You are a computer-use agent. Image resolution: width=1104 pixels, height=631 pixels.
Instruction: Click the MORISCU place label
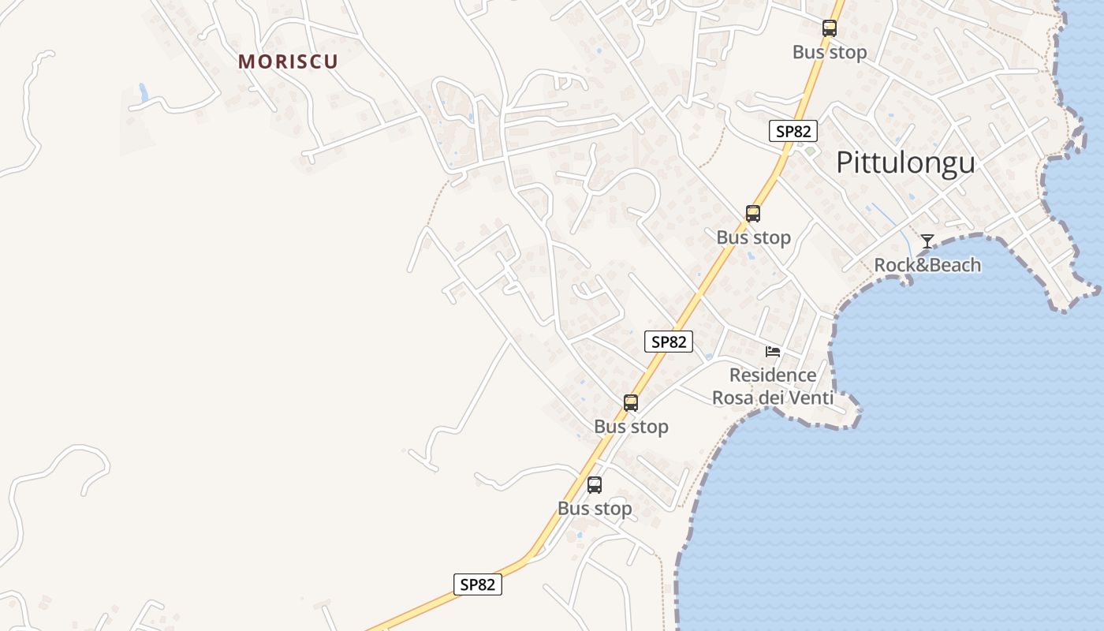pos(288,62)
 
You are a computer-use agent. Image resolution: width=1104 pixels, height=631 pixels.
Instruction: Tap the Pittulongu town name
pos(905,162)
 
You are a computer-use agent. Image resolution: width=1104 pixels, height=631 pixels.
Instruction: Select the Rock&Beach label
pos(927,265)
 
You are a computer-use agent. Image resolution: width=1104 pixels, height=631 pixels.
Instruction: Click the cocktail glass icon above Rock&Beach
pos(927,241)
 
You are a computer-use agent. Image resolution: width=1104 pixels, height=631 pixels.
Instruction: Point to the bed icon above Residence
pos(773,351)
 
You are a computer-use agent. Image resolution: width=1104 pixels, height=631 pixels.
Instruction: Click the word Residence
pos(773,375)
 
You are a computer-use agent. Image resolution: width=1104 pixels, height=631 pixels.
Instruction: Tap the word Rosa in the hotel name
pos(733,398)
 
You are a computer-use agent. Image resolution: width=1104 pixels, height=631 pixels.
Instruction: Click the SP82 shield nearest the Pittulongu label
pos(793,131)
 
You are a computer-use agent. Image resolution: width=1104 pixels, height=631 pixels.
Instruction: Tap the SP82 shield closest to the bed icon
pos(669,342)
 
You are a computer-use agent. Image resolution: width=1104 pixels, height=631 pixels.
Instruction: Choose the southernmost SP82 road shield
pos(478,584)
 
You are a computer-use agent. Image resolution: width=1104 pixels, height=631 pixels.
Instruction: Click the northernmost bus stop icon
pos(829,28)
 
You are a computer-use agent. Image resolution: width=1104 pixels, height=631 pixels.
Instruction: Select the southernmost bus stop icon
pos(595,485)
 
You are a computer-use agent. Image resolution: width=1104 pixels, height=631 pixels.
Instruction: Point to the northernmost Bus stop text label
pos(830,52)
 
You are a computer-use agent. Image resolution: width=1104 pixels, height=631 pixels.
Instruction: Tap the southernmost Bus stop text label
pos(595,509)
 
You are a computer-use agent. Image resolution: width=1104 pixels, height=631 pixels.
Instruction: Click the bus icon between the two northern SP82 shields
pos(753,214)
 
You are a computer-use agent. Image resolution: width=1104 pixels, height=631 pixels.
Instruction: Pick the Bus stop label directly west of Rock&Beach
pos(753,237)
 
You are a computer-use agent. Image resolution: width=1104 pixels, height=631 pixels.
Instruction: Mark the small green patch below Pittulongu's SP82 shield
pos(809,150)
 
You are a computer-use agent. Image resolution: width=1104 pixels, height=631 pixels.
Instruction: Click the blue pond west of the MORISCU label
pos(143,91)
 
